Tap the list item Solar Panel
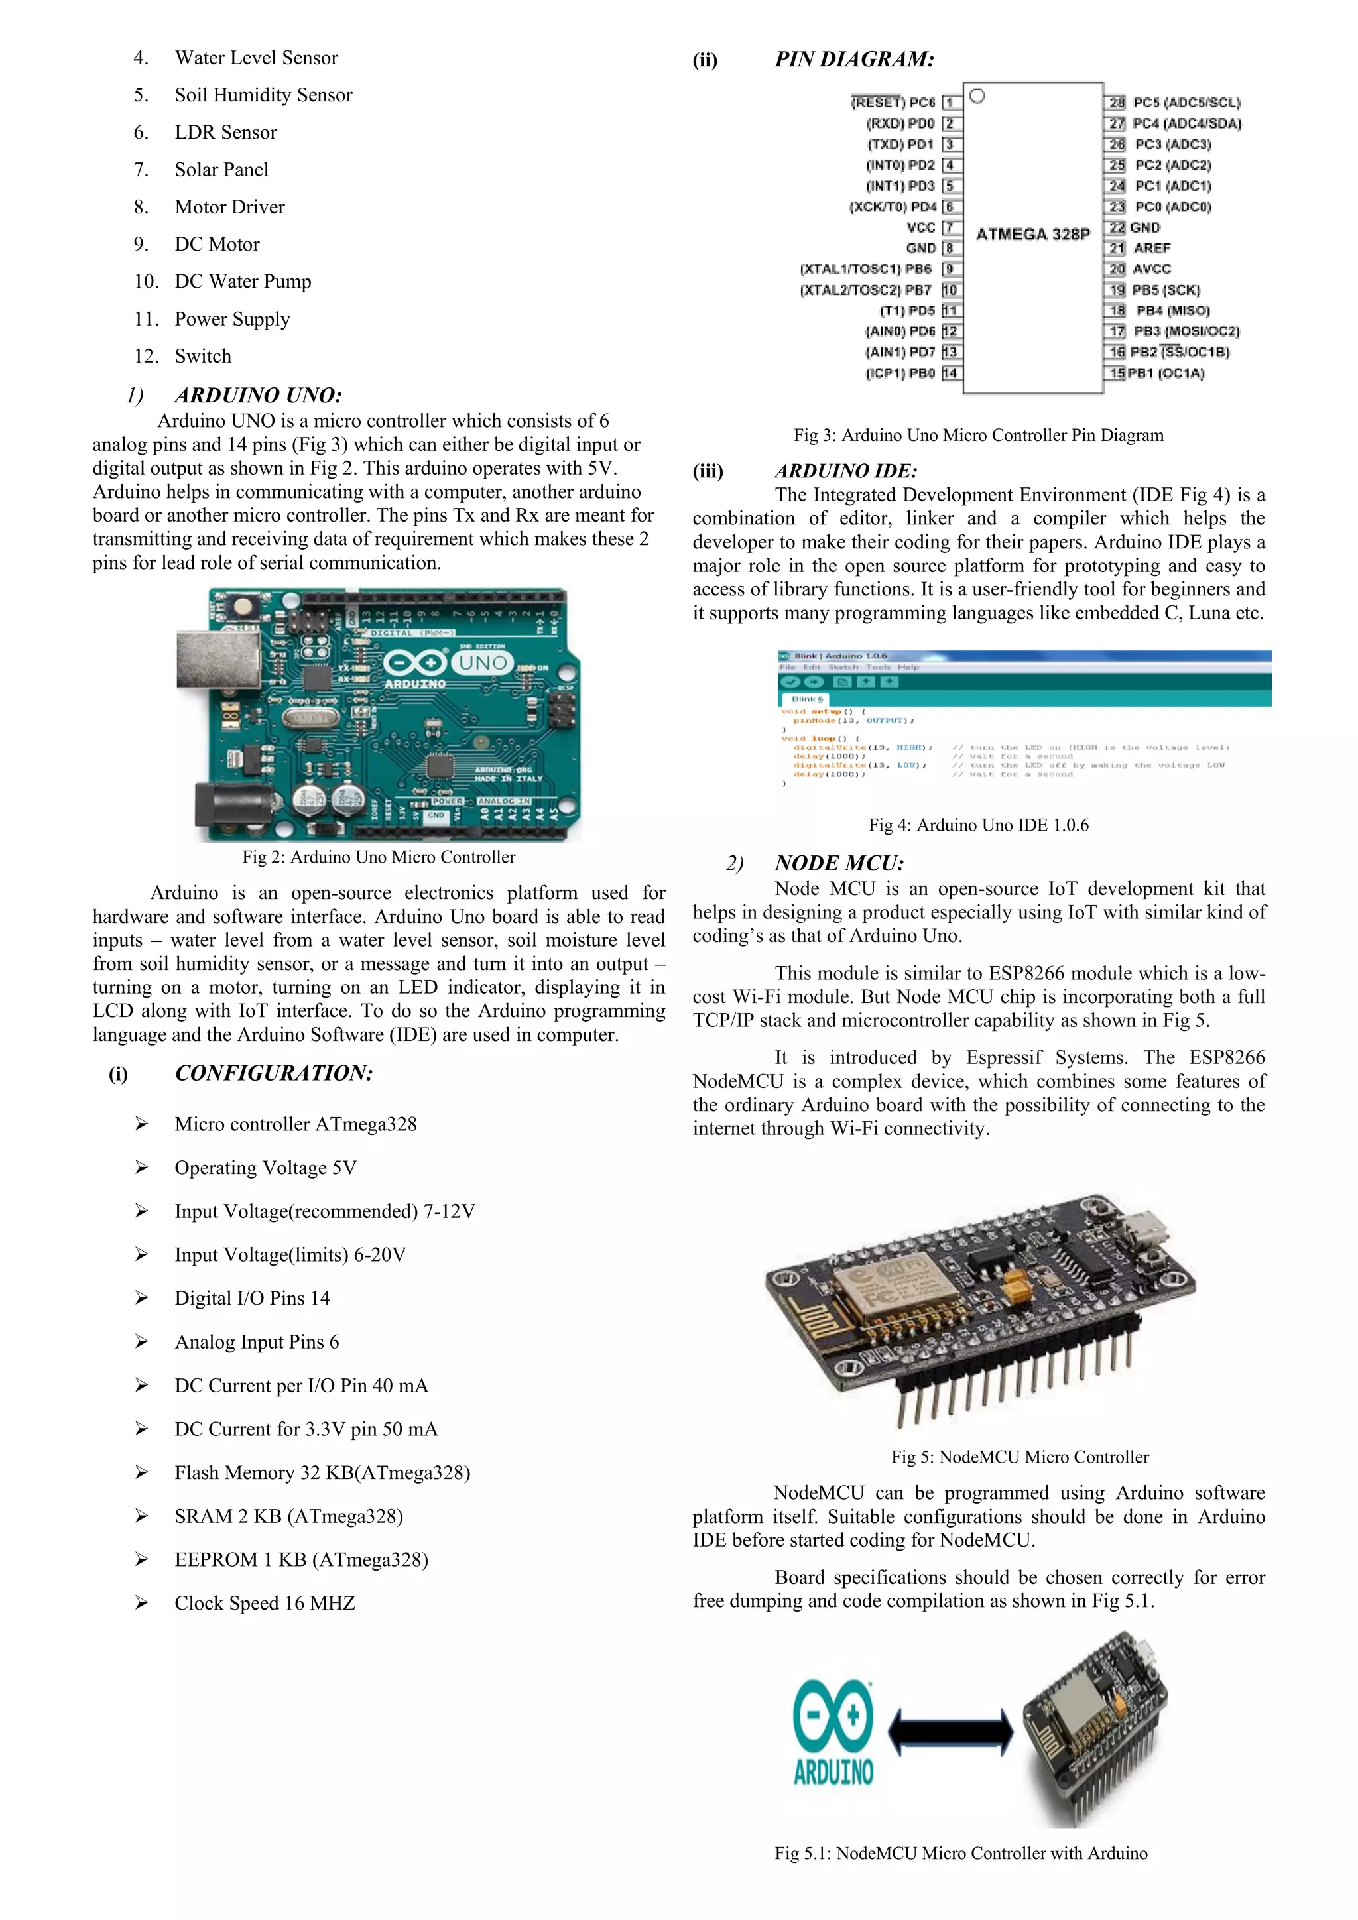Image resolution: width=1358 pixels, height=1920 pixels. coord(221,170)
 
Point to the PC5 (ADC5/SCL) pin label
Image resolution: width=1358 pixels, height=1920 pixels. coord(1186,103)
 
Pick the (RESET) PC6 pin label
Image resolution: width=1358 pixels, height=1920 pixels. coord(893,103)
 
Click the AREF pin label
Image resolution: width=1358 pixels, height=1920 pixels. coord(1152,249)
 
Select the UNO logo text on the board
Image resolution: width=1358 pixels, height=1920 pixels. coord(483,663)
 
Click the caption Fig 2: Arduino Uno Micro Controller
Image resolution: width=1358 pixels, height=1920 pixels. coord(378,857)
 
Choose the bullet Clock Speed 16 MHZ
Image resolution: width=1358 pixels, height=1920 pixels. coord(265,1603)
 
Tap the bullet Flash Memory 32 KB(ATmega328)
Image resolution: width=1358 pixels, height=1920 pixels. coord(322,1472)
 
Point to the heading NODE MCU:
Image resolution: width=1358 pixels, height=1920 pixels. coord(839,863)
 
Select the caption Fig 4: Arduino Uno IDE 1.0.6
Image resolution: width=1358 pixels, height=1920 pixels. coord(978,825)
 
